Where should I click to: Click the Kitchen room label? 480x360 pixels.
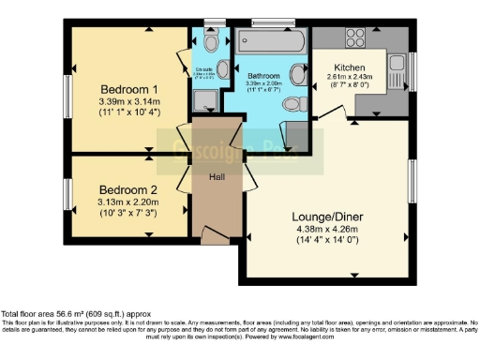point(348,67)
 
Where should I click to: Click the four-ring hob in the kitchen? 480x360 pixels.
point(355,38)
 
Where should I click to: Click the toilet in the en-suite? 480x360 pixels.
point(210,42)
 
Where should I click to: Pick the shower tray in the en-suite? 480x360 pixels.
point(203,100)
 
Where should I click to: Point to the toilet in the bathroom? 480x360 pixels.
point(293,104)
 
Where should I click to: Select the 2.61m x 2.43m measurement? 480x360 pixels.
point(348,77)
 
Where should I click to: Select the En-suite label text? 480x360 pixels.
point(202,68)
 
